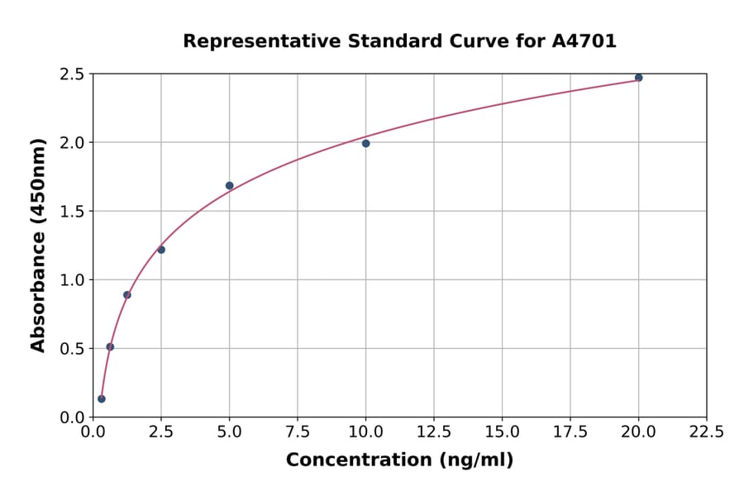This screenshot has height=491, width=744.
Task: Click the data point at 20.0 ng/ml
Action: pyautogui.click(x=638, y=78)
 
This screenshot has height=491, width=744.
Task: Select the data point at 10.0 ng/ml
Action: pyautogui.click(x=365, y=143)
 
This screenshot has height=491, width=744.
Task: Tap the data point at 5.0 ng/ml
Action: pyautogui.click(x=229, y=185)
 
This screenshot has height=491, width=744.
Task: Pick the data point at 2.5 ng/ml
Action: pyautogui.click(x=161, y=250)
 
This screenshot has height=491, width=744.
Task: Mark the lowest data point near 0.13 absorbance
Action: pyautogui.click(x=102, y=398)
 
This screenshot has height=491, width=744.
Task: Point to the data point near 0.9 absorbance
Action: pyautogui.click(x=127, y=294)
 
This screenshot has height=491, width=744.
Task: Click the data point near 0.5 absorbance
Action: pyautogui.click(x=110, y=346)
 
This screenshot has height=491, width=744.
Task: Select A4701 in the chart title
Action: pyautogui.click(x=584, y=41)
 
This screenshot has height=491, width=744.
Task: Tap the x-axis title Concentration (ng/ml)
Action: pyautogui.click(x=399, y=460)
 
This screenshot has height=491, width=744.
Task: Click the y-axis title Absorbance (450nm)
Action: pyautogui.click(x=38, y=245)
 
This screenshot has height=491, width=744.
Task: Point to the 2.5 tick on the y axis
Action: pyautogui.click(x=73, y=74)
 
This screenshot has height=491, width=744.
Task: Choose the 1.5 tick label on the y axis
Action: pyautogui.click(x=73, y=211)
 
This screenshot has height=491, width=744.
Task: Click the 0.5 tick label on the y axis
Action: pyautogui.click(x=73, y=348)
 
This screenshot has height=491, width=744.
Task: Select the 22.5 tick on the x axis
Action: pyautogui.click(x=707, y=431)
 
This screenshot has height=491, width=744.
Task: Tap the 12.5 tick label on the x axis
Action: pyautogui.click(x=434, y=431)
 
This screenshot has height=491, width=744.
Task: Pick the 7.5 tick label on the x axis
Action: pyautogui.click(x=298, y=431)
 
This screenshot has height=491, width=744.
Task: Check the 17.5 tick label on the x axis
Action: pyautogui.click(x=570, y=431)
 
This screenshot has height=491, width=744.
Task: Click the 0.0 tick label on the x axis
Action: pyautogui.click(x=93, y=431)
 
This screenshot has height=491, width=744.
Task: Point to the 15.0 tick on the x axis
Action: pyautogui.click(x=502, y=431)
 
